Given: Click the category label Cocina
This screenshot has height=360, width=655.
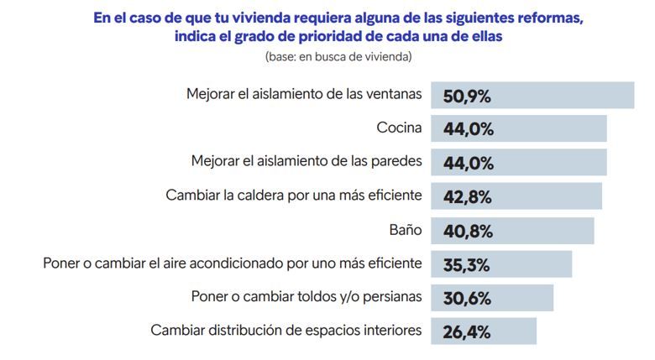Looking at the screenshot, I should coord(399,128).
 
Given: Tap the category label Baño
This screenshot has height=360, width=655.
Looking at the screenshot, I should coord(406,229).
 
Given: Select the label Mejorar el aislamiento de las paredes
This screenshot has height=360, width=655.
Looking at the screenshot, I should coord(307,162).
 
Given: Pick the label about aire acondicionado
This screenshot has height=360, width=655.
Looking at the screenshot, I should coord(233,263).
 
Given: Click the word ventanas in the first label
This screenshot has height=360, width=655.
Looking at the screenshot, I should coord(392,95).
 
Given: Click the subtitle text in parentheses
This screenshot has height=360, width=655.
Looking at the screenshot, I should coord(338,57).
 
